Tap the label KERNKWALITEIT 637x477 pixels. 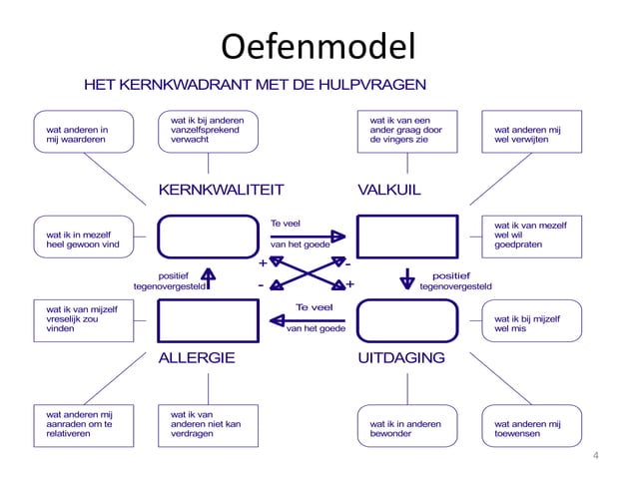pyautogui.click(x=222, y=190)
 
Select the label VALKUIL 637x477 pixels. pyautogui.click(x=389, y=190)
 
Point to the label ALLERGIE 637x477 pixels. pyautogui.click(x=198, y=358)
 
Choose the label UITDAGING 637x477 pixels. pyautogui.click(x=401, y=358)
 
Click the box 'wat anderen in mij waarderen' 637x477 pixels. pyautogui.click(x=83, y=135)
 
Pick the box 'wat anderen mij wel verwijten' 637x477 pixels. pyautogui.click(x=531, y=135)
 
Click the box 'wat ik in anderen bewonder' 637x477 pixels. pyautogui.click(x=407, y=429)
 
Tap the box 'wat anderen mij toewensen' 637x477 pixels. pyautogui.click(x=531, y=429)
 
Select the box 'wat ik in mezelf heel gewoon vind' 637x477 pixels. pyautogui.click(x=83, y=238)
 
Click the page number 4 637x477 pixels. pyautogui.click(x=595, y=456)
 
